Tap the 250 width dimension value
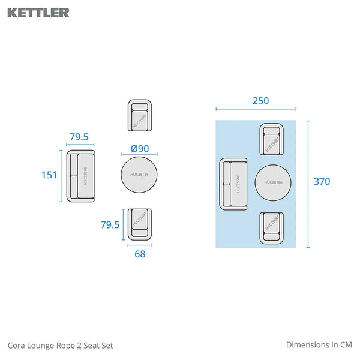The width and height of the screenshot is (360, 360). click(x=260, y=101)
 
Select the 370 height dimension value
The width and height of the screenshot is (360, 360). click(x=322, y=181)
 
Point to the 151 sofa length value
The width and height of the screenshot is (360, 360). click(x=49, y=175)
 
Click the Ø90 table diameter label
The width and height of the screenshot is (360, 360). click(x=139, y=149)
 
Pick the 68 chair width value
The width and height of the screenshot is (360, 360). click(x=139, y=254)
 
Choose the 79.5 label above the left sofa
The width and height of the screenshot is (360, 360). click(x=79, y=137)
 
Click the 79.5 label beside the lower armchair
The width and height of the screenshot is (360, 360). click(x=110, y=224)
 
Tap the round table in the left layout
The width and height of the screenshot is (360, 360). click(x=139, y=175)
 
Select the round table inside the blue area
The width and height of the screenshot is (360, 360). click(x=273, y=182)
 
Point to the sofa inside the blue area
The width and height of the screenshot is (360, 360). click(x=234, y=184)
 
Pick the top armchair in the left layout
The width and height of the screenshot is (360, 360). click(x=139, y=115)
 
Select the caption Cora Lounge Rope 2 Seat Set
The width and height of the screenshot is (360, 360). click(x=60, y=345)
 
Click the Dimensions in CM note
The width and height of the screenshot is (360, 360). click(x=319, y=345)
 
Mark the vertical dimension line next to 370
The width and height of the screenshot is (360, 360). click(x=308, y=184)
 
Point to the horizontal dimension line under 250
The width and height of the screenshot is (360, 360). click(x=256, y=110)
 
